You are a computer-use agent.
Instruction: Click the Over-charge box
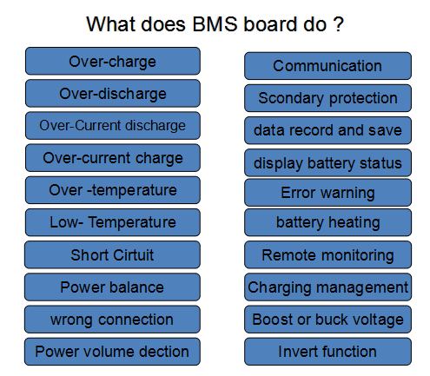point(112,61)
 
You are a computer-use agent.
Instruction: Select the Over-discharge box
point(112,93)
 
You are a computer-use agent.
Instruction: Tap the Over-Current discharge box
point(112,125)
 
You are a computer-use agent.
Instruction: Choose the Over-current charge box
point(112,157)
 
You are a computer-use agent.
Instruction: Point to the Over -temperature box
point(112,189)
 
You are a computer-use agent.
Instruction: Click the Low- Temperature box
point(112,221)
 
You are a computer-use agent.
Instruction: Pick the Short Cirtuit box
point(112,254)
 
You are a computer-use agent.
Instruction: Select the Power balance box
point(112,287)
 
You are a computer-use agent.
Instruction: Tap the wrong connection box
point(112,319)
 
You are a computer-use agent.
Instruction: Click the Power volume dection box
point(112,351)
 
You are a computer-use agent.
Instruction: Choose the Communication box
point(327,66)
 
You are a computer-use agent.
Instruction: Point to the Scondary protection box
point(327,98)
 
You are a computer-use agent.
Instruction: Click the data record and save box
point(327,130)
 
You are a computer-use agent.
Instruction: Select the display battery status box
point(327,162)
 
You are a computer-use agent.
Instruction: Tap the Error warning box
point(327,192)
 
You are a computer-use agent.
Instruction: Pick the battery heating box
point(327,221)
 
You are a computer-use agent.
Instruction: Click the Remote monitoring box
point(327,255)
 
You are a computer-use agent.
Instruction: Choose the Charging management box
point(327,287)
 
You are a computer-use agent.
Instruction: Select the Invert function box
point(327,351)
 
